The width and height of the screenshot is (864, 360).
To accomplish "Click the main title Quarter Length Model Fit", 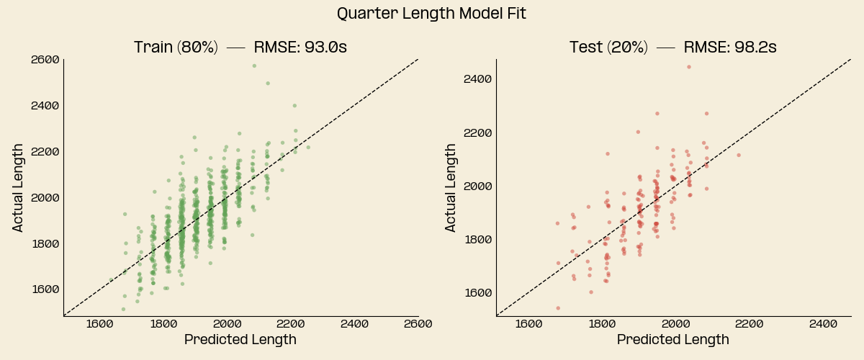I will [x=432, y=14].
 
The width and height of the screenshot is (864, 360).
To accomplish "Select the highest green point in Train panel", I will [x=254, y=66].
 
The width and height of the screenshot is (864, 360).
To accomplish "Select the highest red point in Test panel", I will [x=688, y=67].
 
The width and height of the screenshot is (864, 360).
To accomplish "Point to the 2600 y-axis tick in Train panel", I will [x=45, y=59].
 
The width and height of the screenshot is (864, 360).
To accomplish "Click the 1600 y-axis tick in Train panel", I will [x=45, y=289].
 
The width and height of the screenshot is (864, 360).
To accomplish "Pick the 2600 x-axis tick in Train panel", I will [x=418, y=324].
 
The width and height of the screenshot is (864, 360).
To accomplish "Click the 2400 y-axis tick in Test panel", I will [x=477, y=79].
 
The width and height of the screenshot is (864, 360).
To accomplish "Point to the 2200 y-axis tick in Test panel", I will [x=477, y=132].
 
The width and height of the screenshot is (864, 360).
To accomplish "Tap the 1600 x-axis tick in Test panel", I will [x=528, y=324].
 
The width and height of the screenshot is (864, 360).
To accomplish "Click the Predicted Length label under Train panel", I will [x=240, y=340].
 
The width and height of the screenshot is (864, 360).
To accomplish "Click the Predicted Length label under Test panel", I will [x=672, y=340].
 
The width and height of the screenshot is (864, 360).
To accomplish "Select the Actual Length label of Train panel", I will [x=19, y=188].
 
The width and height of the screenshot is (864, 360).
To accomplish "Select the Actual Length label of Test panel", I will [x=451, y=188].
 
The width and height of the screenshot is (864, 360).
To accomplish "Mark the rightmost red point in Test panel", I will [x=738, y=155].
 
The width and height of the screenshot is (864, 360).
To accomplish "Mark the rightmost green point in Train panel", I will [x=308, y=147].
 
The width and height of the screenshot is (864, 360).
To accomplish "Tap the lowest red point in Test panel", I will [x=558, y=308].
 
